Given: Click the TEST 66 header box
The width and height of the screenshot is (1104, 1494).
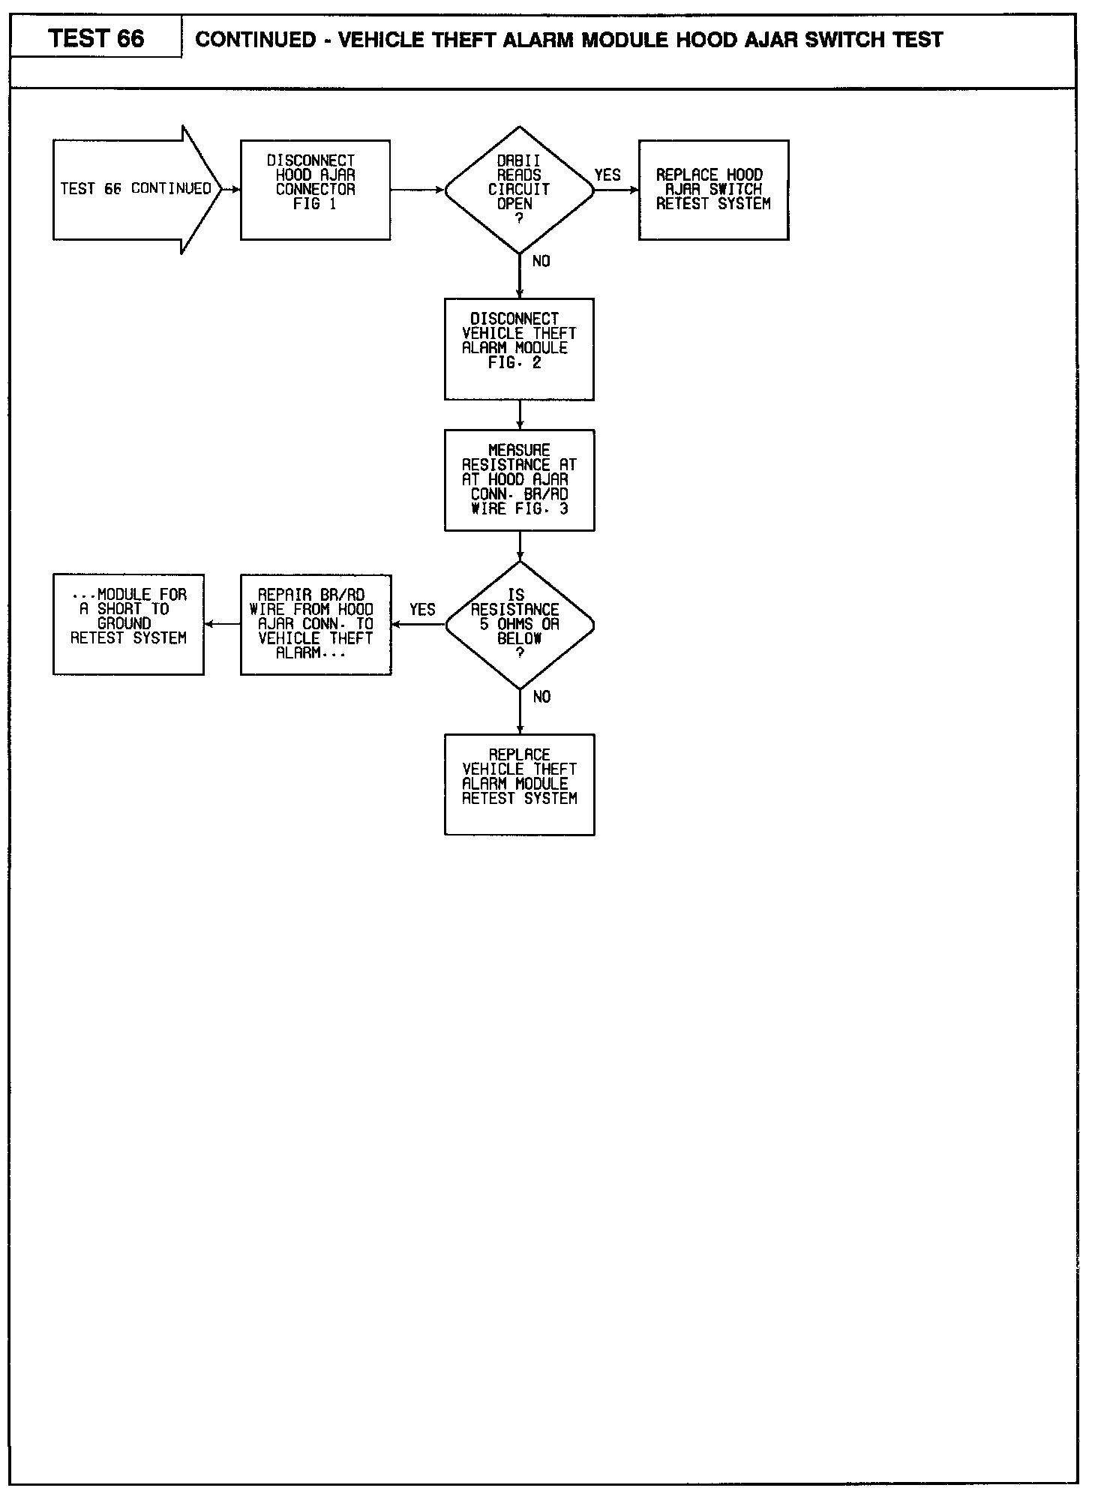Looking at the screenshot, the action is pyautogui.click(x=96, y=37).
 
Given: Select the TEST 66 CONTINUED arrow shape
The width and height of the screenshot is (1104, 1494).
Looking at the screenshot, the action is pyautogui.click(x=137, y=190).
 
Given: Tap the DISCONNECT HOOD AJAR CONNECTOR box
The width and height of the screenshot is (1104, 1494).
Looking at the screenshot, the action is pyautogui.click(x=315, y=190).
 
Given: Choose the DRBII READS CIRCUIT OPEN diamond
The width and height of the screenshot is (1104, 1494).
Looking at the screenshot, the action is pyautogui.click(x=519, y=190).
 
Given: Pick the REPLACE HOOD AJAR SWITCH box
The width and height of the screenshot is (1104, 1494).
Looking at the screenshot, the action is pyautogui.click(x=713, y=190).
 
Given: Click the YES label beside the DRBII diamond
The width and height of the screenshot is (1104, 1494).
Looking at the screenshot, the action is pyautogui.click(x=607, y=175).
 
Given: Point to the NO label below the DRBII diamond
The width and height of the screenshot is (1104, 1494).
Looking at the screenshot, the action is pyautogui.click(x=541, y=261).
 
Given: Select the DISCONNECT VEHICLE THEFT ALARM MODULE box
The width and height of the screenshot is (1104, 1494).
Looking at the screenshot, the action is pyautogui.click(x=519, y=349).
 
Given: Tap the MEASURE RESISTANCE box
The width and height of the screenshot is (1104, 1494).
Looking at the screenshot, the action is pyautogui.click(x=519, y=480).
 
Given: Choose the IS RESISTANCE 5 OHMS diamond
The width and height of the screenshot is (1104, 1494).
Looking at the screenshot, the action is pyautogui.click(x=519, y=625).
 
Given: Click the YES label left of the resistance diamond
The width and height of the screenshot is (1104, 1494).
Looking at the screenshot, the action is pyautogui.click(x=422, y=610).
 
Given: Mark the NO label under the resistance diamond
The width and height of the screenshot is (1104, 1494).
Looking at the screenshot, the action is pyautogui.click(x=541, y=697).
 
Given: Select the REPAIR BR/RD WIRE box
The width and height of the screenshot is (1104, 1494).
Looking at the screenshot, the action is pyautogui.click(x=316, y=624).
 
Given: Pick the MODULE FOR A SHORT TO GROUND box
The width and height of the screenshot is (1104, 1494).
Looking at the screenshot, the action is pyautogui.click(x=128, y=624).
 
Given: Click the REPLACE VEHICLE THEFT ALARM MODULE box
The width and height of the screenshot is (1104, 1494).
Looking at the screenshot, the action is pyautogui.click(x=519, y=784).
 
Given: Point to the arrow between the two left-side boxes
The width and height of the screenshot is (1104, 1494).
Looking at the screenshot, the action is pyautogui.click(x=222, y=624).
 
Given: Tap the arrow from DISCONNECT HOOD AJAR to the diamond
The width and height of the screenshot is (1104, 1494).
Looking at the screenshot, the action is pyautogui.click(x=418, y=190).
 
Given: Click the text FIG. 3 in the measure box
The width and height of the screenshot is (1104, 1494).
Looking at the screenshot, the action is pyautogui.click(x=541, y=508).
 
